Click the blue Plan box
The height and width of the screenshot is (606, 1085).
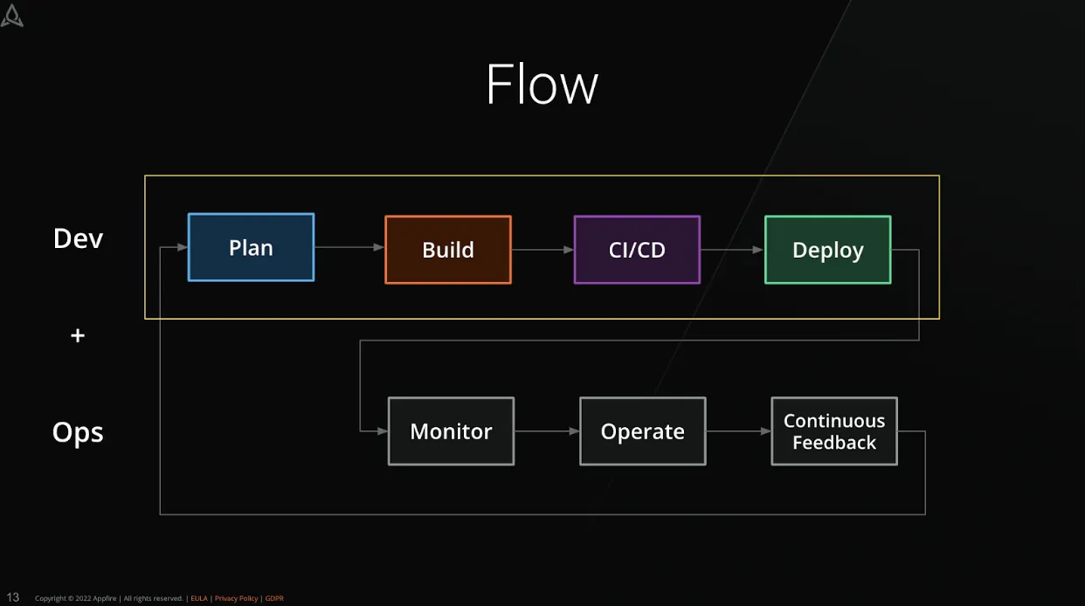(251, 248)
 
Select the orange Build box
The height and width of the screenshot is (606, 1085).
(447, 250)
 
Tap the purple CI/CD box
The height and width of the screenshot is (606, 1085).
(637, 250)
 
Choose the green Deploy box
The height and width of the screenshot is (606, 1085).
(827, 250)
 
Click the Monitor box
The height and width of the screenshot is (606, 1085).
(451, 431)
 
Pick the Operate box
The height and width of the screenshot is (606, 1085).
(642, 431)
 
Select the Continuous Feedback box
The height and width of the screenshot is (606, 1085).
(833, 431)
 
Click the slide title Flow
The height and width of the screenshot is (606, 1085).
(542, 85)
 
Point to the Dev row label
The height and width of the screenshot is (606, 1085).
(78, 238)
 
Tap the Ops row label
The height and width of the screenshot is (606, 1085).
(78, 432)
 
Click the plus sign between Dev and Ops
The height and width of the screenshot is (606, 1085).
(78, 335)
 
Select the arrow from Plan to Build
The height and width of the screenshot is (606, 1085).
(349, 248)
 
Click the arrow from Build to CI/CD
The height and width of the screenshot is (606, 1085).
(542, 250)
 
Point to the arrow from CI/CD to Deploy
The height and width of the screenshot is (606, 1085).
(732, 250)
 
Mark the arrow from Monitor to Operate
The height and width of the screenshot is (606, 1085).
(547, 431)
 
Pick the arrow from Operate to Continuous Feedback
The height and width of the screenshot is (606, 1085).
(738, 431)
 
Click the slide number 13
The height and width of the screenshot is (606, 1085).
(13, 597)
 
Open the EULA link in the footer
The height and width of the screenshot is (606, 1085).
(198, 599)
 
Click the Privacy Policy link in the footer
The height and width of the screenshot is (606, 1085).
(236, 599)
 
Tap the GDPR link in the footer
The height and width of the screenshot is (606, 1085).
(274, 599)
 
